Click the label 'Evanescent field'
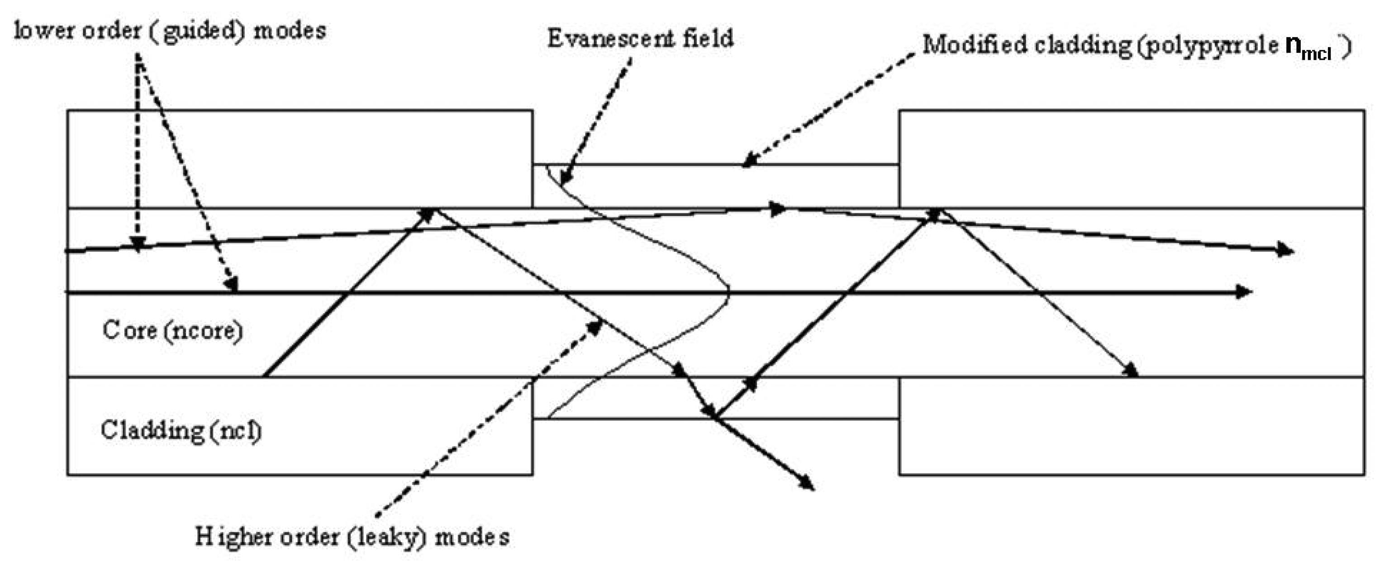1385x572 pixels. coord(640,39)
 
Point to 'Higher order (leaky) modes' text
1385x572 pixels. coord(352,537)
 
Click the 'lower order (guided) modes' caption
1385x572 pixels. coord(170,31)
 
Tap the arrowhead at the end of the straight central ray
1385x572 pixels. coord(1245,292)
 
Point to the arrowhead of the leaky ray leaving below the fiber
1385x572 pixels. coord(808,483)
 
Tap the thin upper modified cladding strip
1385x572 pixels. coord(715,186)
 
